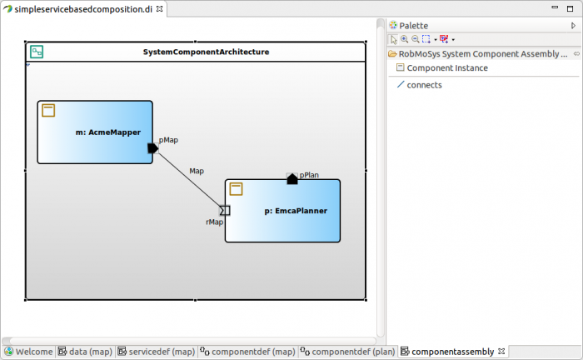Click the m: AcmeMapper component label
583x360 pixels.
pyautogui.click(x=108, y=132)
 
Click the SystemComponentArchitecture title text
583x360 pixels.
pyautogui.click(x=206, y=52)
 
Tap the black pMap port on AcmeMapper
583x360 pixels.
pyautogui.click(x=153, y=148)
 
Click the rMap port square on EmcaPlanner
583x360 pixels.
pyautogui.click(x=225, y=210)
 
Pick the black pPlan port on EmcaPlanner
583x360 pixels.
pyautogui.click(x=291, y=178)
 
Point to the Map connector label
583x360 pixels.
pyautogui.click(x=197, y=171)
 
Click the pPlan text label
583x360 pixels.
pyautogui.click(x=309, y=175)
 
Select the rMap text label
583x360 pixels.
pyautogui.click(x=214, y=222)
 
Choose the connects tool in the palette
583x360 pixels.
pyautogui.click(x=424, y=85)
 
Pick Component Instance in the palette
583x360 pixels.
pyautogui.click(x=447, y=67)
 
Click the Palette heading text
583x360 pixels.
pyautogui.click(x=413, y=26)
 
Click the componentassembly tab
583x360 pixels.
pyautogui.click(x=453, y=352)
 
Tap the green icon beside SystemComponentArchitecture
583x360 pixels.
pyautogui.click(x=36, y=52)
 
